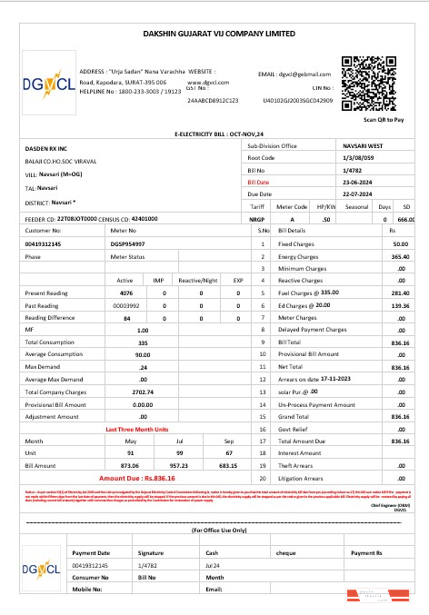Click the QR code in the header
tap(370, 83)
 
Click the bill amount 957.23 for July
tap(179, 464)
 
